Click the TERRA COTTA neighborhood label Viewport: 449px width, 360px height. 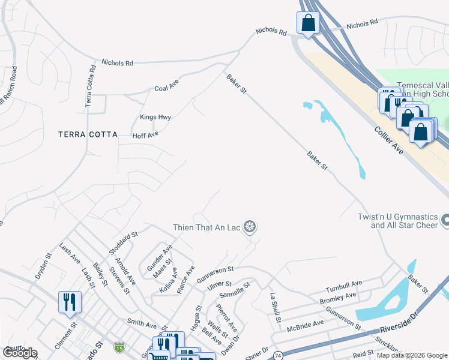(88, 134)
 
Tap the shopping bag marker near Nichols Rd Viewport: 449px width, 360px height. (307, 23)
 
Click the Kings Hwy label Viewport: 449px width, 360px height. (155, 116)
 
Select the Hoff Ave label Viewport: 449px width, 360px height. (145, 135)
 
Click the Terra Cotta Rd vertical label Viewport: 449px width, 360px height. (91, 86)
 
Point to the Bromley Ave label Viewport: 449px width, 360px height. (339, 298)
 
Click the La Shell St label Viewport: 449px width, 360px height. (275, 307)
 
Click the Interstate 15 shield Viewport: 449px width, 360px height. (120, 347)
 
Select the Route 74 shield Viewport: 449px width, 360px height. (278, 356)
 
